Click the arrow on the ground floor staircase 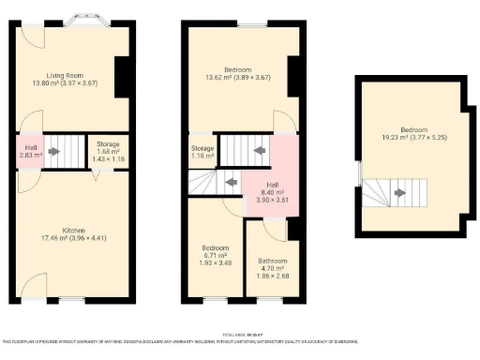point(54,150)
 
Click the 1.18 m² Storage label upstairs point(202,153)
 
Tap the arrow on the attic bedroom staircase point(400,194)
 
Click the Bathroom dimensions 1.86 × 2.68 point(273,276)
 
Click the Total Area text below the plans point(240,334)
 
